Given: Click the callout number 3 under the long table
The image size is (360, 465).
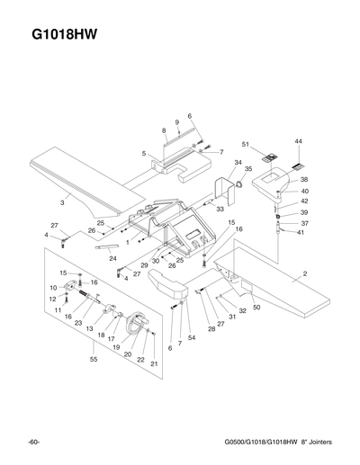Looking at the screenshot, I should pos(62,204).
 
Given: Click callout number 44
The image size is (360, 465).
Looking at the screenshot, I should pos(298,142).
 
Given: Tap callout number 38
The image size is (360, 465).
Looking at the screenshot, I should pos(304,180).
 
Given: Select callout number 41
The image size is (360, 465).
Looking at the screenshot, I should pos(301,232).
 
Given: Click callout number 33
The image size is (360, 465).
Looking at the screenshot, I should pos(220,208).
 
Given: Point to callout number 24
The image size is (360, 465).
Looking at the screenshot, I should pos(112,258).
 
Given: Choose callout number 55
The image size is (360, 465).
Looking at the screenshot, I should pos(94,359).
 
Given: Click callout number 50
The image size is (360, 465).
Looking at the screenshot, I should pos(256,308).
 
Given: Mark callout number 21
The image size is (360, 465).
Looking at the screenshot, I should pos(154,363).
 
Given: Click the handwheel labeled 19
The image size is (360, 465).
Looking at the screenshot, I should pos(137,325).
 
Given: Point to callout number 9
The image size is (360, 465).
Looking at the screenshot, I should pos(178,121).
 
